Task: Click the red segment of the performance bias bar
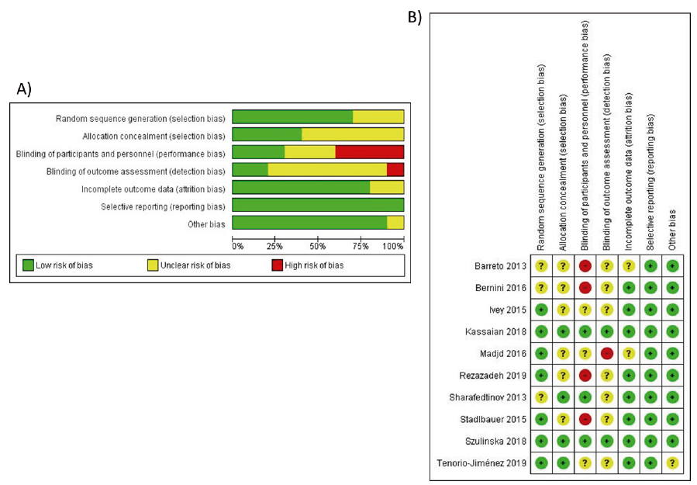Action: [x=369, y=152]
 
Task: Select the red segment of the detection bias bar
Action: [x=395, y=169]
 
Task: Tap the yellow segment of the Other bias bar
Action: [x=395, y=223]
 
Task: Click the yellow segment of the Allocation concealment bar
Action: [x=353, y=134]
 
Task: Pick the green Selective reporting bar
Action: [x=318, y=205]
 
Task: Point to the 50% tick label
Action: [x=318, y=246]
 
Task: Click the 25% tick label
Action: [x=274, y=246]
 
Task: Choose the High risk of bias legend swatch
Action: [x=277, y=265]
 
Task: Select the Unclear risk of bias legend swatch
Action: [x=153, y=265]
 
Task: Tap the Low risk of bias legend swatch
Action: [x=29, y=265]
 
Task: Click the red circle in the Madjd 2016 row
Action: [x=607, y=354]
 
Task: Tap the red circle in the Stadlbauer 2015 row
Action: [x=585, y=420]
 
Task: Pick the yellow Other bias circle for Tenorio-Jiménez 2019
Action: [x=672, y=463]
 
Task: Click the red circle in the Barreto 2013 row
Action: [x=585, y=266]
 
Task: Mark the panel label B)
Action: [x=415, y=17]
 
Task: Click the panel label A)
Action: [x=24, y=89]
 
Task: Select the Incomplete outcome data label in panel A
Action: [x=154, y=188]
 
